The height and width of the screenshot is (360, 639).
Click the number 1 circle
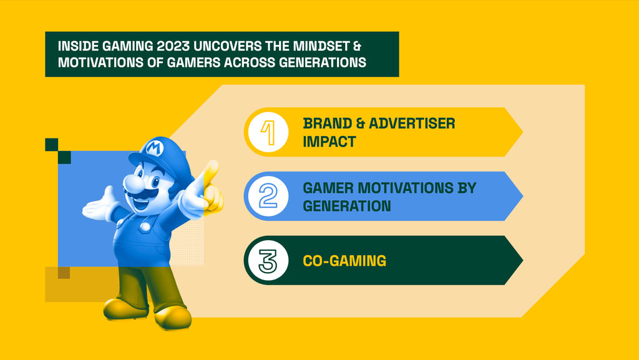268,132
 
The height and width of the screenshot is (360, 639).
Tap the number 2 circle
268,197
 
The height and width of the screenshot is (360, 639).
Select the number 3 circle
268,261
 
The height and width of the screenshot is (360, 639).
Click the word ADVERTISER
412,124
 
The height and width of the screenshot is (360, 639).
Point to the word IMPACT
329,142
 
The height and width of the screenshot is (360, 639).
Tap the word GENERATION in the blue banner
347,206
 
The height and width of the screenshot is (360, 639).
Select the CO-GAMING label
344,261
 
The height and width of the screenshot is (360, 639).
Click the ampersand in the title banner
357,46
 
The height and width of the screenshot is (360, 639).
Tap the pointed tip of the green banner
522,261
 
